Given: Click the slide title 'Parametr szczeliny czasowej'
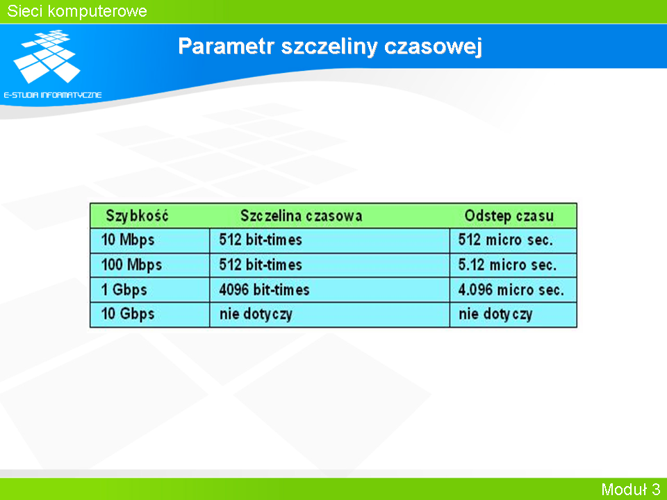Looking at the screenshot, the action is point(329,46).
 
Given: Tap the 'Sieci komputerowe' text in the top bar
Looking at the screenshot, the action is point(77,11).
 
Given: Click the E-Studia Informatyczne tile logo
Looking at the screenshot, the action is point(47,56).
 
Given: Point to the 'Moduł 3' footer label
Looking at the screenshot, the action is point(630,490).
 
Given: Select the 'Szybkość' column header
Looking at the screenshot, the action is point(137,215).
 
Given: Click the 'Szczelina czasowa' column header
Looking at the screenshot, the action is point(301,215).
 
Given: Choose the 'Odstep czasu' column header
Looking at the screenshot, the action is point(509,215).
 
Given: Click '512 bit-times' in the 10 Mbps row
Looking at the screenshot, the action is point(261,240).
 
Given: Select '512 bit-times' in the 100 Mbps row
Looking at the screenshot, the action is point(261,265).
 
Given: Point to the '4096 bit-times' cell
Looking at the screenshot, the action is point(264,290).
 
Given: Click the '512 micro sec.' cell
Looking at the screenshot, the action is point(505,240).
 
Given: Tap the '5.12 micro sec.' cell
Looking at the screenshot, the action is point(507,265).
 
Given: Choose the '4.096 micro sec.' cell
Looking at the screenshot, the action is point(511,290).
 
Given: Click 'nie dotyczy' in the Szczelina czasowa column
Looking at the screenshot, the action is point(256,314).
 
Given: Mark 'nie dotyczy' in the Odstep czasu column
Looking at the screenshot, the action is point(495,314).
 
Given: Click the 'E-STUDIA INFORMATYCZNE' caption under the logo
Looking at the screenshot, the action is point(53,95).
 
